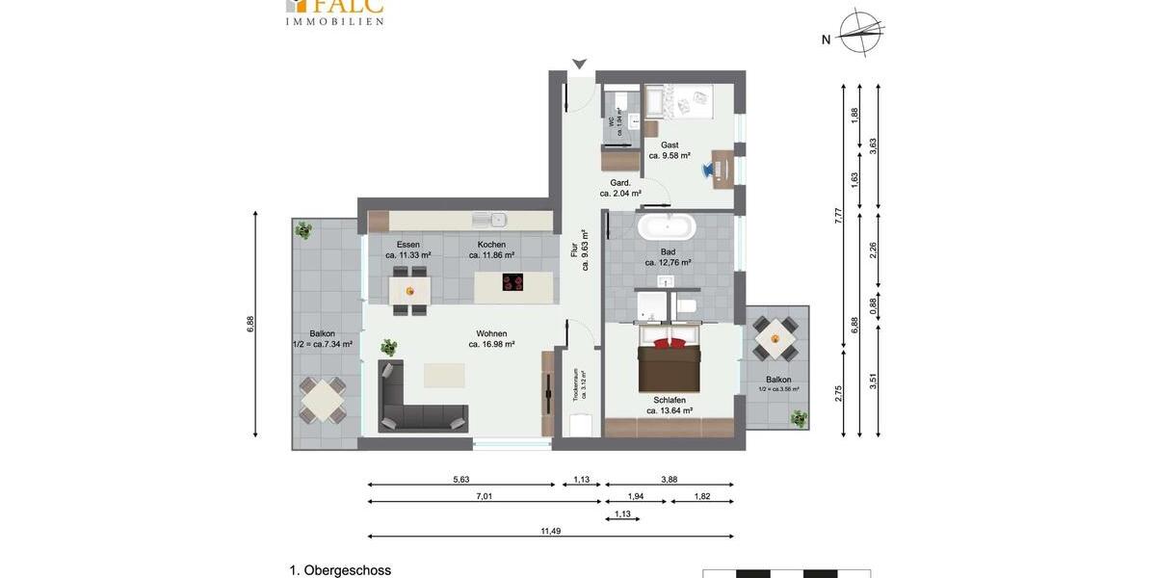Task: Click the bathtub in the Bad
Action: [666, 227]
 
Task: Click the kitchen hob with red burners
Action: [513, 282]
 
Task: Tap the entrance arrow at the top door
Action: [579, 65]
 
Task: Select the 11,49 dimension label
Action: [550, 530]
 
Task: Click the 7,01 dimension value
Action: [485, 496]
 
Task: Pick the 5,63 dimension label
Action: [461, 479]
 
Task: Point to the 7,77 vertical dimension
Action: [838, 216]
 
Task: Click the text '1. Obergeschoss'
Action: [340, 570]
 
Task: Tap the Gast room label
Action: [670, 145]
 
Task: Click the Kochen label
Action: [491, 245]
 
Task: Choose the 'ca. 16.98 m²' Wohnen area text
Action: [491, 344]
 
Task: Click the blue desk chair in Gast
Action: [709, 170]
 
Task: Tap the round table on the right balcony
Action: [775, 338]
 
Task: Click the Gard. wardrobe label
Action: [620, 183]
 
